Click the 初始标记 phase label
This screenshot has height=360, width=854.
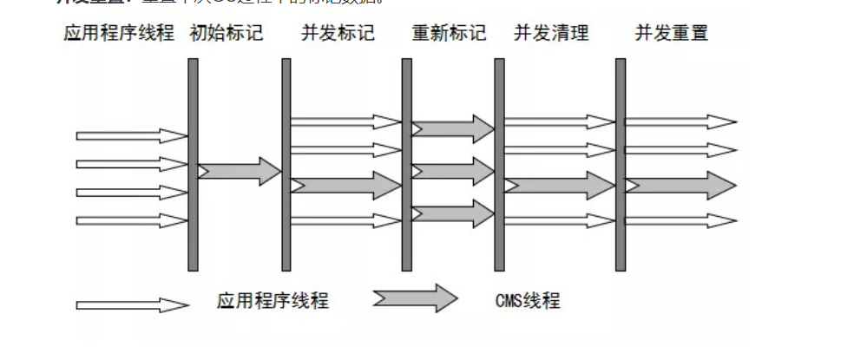226,34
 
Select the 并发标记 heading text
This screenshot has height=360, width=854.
338,34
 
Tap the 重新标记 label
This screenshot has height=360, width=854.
449,34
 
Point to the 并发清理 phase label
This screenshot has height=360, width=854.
551,34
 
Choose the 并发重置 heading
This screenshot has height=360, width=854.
671,34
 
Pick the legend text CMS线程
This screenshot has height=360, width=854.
528,301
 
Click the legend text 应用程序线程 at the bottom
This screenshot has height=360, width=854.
273,301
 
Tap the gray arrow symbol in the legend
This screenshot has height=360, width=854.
415,298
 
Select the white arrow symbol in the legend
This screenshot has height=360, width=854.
132,305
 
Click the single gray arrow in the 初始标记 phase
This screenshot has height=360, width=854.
240,171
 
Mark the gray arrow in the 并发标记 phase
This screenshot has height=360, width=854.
345,185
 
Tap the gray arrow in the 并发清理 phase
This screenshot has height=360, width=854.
559,185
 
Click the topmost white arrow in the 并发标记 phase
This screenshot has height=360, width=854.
345,121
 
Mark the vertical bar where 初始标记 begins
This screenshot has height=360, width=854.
193,165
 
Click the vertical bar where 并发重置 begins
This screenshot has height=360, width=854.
620,165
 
